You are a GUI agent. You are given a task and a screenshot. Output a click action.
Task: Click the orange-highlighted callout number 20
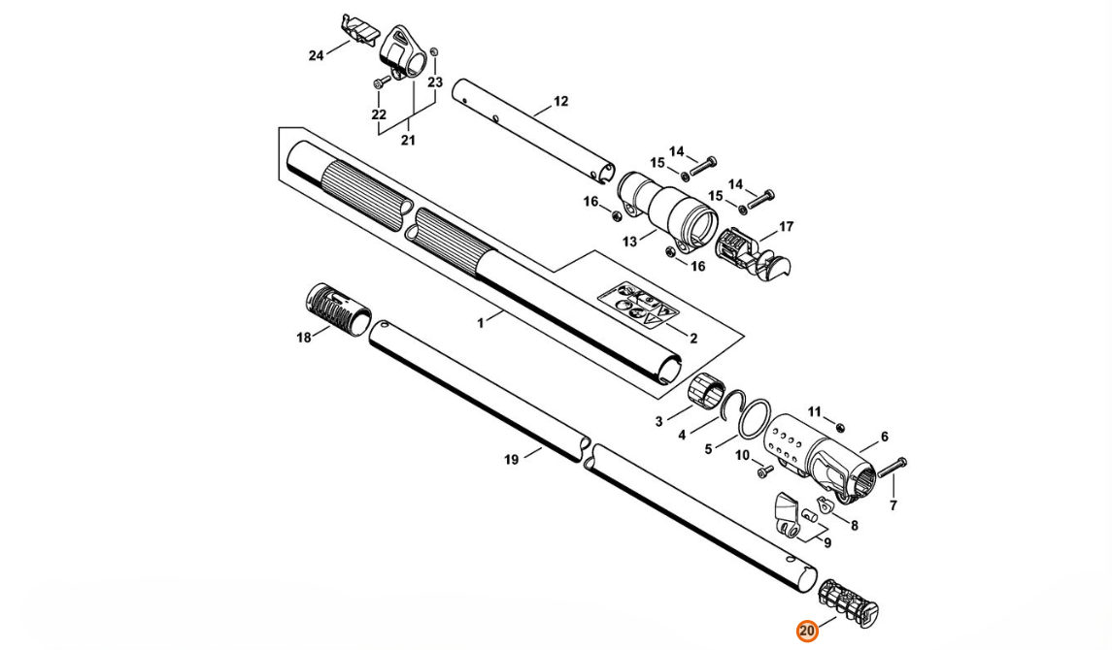click(x=807, y=631)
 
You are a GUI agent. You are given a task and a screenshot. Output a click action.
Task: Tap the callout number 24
click(x=317, y=55)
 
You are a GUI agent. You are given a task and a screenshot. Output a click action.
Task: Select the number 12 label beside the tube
click(x=561, y=101)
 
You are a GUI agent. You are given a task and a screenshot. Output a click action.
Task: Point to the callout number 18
click(x=304, y=338)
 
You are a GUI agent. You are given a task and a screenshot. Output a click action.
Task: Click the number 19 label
click(x=511, y=460)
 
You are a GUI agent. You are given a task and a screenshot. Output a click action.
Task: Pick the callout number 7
click(x=893, y=505)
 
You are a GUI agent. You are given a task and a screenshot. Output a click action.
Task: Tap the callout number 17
click(x=787, y=227)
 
